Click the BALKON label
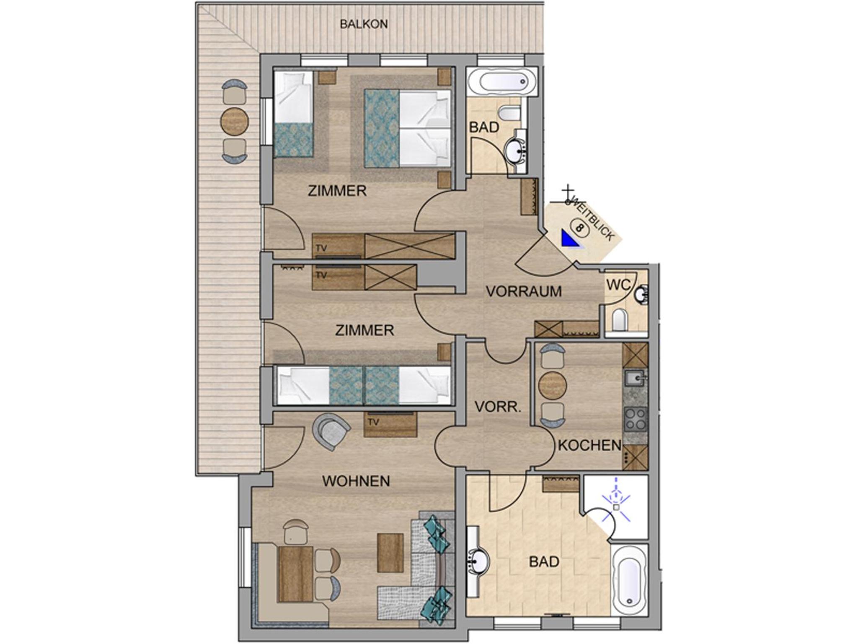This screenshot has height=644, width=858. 364,24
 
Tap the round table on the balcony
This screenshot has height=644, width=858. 234,122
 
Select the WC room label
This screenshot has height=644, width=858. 618,285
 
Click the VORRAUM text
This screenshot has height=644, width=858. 524,291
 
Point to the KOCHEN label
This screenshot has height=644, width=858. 589,445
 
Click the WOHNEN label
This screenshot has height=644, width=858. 356,481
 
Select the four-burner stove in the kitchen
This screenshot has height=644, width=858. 636,420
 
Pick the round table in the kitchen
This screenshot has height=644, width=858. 553,385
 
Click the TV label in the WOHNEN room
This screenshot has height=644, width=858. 373,422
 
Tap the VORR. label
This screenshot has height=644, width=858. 498,407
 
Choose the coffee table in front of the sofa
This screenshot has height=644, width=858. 390,553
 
